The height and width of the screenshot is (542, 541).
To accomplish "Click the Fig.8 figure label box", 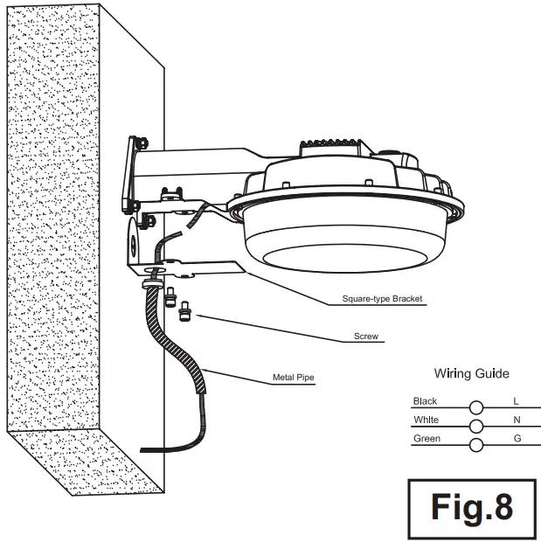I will pos(471,507).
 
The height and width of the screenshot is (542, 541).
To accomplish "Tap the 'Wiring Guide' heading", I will pos(471,373).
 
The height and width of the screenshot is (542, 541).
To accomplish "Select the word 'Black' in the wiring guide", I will pos(425,401).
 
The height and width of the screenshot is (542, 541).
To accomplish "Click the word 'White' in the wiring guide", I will pos(426,420).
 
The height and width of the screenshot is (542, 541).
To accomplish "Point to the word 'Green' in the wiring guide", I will pos(427,438).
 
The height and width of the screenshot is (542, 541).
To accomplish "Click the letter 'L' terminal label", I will pos(517,401).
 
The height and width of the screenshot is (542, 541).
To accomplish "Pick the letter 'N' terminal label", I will pos(517,420).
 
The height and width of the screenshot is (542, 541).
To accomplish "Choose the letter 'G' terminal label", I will pos(517,438).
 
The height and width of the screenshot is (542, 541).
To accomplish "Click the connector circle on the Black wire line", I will pos(476,407).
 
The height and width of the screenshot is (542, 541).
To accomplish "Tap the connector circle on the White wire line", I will pos(476,426).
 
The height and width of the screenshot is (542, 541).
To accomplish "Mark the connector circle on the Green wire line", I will pos(476,445).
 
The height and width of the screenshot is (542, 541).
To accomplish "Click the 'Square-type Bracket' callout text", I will pos(382,299).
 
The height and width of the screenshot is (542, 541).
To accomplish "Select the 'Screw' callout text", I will pos(365,336).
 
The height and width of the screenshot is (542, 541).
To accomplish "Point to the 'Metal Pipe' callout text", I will pos(292,379).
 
